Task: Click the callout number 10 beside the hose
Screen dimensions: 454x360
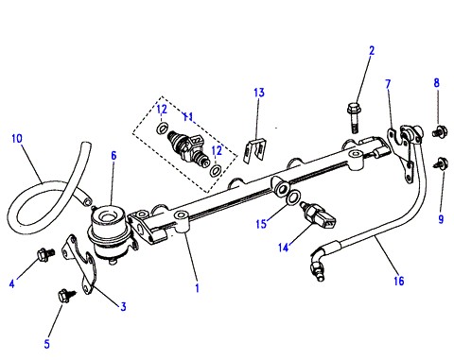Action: click(x=17, y=139)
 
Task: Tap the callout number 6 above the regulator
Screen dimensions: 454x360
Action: click(x=113, y=156)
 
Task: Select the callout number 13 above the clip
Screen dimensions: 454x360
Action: click(x=259, y=93)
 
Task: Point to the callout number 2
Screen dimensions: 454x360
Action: click(x=372, y=51)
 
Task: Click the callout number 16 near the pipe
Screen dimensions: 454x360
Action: click(x=399, y=281)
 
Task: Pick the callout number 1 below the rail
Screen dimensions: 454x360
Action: click(x=198, y=288)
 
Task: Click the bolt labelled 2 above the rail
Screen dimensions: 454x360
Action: click(x=354, y=117)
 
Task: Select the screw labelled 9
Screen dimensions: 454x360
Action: click(x=441, y=163)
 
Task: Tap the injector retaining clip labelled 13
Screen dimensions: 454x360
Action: click(x=255, y=150)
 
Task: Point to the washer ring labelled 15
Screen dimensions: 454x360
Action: click(x=294, y=197)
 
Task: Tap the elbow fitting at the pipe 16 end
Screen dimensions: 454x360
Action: click(x=318, y=263)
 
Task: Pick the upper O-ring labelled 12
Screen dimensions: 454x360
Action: click(x=162, y=129)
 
